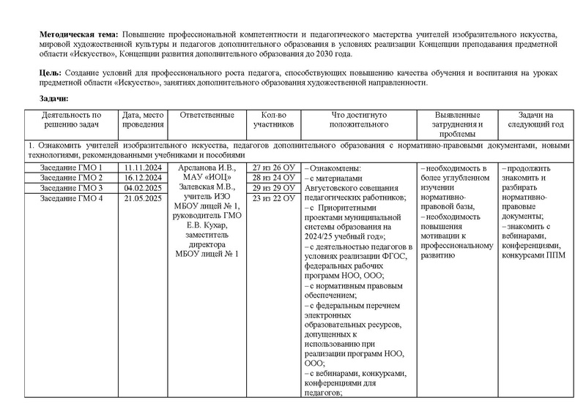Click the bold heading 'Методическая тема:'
coord(79,35)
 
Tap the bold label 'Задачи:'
coord(55,99)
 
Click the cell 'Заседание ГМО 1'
coord(71,168)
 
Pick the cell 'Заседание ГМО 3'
coord(71,188)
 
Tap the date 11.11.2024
coord(143,168)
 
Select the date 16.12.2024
coord(143,178)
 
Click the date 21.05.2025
coord(143,198)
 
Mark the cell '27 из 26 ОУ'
coord(273,168)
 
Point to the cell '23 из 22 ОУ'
coord(273,198)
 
